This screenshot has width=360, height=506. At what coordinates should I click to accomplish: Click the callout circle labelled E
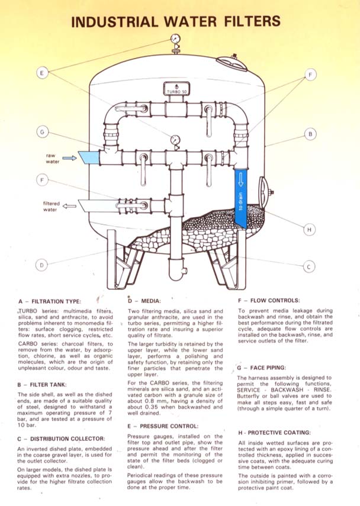pyautogui.click(x=42, y=73)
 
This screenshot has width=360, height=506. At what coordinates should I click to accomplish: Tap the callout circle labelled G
pyautogui.click(x=42, y=132)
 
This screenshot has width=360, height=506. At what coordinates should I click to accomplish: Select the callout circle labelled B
pyautogui.click(x=310, y=134)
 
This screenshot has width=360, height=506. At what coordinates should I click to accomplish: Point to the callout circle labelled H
pyautogui.click(x=309, y=230)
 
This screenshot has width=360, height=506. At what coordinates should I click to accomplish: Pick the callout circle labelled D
pyautogui.click(x=41, y=265)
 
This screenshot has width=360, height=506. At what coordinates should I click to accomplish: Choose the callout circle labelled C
pyautogui.click(x=309, y=266)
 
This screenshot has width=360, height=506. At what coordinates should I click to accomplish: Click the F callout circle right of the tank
pyautogui.click(x=310, y=75)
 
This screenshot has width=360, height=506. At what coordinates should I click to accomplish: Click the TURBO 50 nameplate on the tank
pyautogui.click(x=176, y=89)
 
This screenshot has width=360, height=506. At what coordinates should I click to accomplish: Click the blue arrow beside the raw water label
pyautogui.click(x=69, y=158)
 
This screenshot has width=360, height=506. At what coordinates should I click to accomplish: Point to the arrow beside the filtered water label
pyautogui.click(x=69, y=206)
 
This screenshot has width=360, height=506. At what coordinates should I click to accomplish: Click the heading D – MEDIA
pyautogui.click(x=144, y=301)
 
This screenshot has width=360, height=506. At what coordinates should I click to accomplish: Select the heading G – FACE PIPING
pyautogui.click(x=262, y=368)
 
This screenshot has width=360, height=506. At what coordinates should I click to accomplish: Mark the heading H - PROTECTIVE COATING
pyautogui.click(x=274, y=433)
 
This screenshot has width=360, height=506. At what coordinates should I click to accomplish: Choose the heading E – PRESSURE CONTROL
pyautogui.click(x=163, y=426)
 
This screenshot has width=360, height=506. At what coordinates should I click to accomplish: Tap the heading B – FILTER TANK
pyautogui.click(x=42, y=385)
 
